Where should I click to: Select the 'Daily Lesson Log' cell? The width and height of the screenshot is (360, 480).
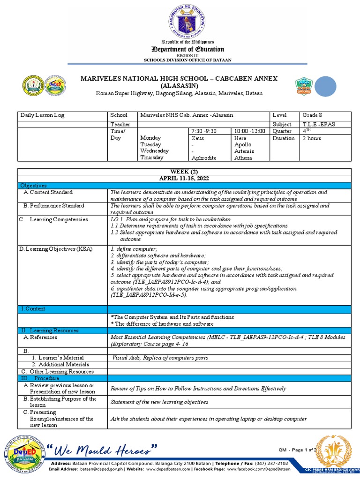click(42, 115)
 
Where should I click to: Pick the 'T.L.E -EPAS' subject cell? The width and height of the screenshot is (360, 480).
click(319, 124)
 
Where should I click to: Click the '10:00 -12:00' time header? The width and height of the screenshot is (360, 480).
click(249, 131)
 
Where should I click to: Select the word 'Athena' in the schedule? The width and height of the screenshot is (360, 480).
click(243, 158)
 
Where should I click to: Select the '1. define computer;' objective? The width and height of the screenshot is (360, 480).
click(134, 248)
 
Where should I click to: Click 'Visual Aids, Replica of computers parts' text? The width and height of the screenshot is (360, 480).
click(159, 358)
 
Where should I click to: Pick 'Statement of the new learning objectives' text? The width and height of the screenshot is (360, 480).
click(159, 402)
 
